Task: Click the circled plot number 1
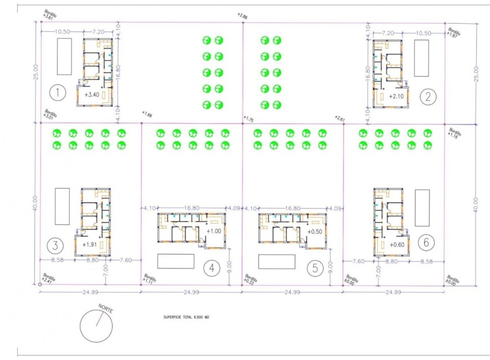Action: coord(58,92)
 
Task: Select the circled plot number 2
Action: coord(427,96)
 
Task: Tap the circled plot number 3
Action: coord(55,246)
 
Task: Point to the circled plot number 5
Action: coord(315,268)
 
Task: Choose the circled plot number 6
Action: coord(426,242)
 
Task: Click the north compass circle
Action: coord(96,325)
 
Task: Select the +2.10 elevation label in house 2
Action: coord(397,96)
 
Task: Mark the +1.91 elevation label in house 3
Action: coord(89,244)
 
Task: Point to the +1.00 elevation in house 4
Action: coord(213,231)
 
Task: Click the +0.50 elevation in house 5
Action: coord(314,231)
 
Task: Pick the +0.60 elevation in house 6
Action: coord(397,244)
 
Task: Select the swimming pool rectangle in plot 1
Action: coord(64,56)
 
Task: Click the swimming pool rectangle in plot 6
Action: coord(422,208)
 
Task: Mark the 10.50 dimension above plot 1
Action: coord(63,33)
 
